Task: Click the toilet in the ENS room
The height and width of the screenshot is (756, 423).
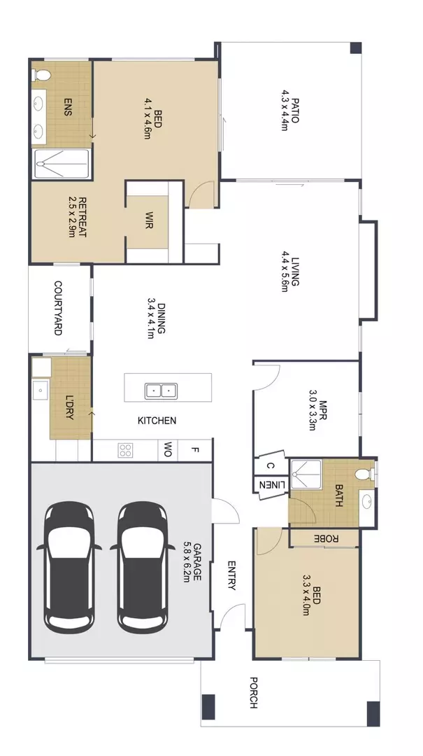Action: [41, 74]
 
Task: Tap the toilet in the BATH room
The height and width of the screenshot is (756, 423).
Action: [365, 475]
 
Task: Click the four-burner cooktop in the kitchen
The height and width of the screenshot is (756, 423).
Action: [126, 450]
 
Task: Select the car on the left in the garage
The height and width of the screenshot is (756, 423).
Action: [69, 565]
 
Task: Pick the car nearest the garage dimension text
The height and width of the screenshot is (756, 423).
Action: [142, 565]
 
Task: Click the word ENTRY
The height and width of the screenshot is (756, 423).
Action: [231, 575]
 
